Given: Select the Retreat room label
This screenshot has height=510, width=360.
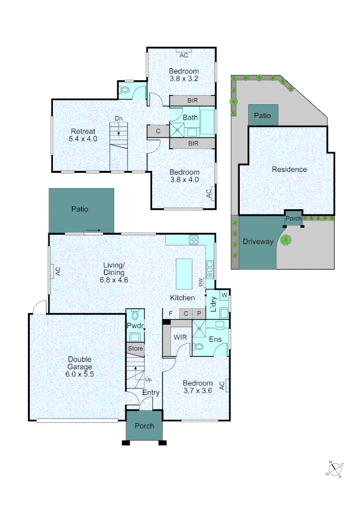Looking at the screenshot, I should coord(83,131).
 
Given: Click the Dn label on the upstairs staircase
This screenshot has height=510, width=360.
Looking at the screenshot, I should coord(118,119).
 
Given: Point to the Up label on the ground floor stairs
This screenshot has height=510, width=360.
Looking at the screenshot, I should coord(148,379).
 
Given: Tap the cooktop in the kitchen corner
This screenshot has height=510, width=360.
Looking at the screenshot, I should coord(194,239).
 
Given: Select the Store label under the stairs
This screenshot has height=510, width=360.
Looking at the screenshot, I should coord(135,348).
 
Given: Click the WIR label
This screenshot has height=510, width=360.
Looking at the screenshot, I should coord(179,337).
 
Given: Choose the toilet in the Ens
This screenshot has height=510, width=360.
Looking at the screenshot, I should coord(199,347).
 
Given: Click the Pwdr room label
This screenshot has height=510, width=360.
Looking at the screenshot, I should coord(134,326).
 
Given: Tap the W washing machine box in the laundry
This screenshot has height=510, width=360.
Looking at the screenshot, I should coord(225,296).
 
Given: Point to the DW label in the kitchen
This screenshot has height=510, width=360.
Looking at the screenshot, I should coord(201,282).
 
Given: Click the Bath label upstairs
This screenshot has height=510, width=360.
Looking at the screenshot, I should coord(190,118).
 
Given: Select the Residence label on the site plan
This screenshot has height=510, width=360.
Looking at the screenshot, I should coord(289,169).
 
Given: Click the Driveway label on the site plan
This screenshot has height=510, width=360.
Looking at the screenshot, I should coord(258,241).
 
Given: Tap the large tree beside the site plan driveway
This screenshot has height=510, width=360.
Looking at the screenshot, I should coord(285,240).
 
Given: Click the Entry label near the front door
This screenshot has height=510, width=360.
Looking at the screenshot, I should coord(151,392).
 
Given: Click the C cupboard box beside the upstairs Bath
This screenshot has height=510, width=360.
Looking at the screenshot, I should coord(158,131).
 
